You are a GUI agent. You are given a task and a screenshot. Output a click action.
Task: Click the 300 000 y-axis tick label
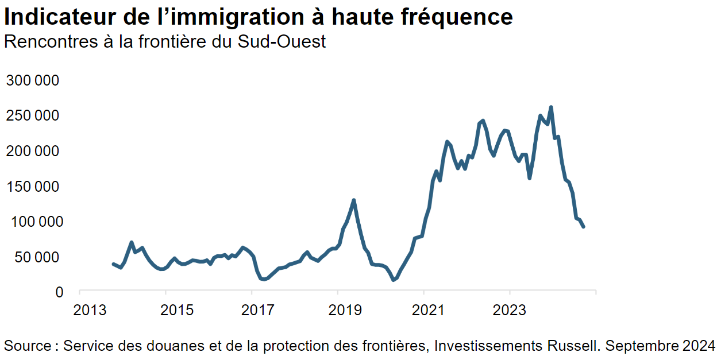33,80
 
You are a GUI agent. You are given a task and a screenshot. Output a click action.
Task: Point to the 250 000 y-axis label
33,116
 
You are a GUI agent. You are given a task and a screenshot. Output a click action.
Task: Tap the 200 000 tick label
33,151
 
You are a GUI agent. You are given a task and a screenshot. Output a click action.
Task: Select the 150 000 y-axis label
33,187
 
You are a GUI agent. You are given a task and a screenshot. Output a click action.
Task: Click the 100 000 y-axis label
33,222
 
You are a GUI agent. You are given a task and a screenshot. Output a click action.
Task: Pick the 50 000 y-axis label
37,257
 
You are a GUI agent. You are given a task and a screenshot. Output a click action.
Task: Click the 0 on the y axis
59,292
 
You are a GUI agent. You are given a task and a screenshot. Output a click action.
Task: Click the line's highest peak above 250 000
551,107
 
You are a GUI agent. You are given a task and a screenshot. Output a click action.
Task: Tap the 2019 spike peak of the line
354,200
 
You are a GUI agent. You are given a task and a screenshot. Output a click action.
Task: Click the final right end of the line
584,227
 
